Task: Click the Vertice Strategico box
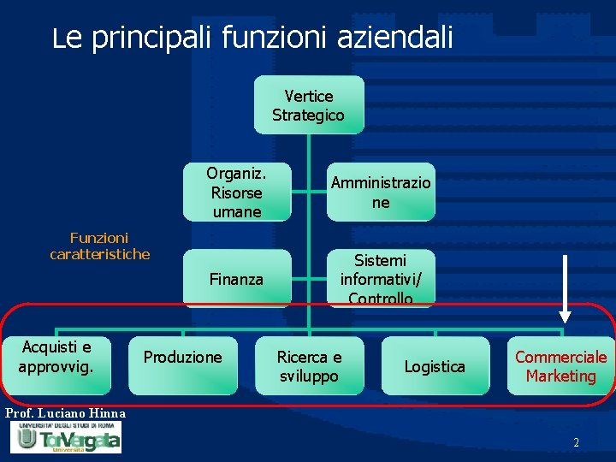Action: click(308, 105)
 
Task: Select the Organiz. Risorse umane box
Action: click(237, 192)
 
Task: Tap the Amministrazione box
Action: click(381, 192)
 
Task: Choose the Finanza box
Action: click(237, 279)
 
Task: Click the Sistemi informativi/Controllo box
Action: click(381, 279)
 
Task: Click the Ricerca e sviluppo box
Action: click(308, 366)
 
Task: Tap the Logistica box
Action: click(435, 366)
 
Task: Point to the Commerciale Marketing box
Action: click(560, 366)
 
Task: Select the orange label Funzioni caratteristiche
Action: click(99, 246)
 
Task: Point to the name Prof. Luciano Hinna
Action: click(65, 414)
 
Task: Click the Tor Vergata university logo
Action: click(65, 437)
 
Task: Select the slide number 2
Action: click(576, 442)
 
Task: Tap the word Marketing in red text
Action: click(560, 376)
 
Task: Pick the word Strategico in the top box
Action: click(308, 115)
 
